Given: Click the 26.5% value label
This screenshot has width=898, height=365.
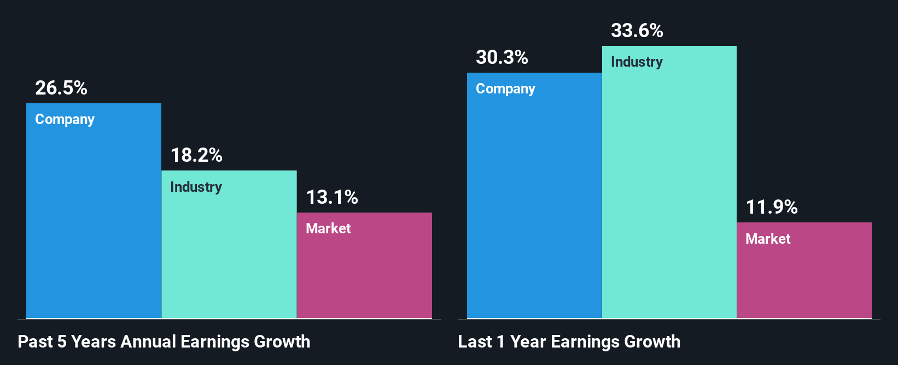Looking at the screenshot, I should point(61,88).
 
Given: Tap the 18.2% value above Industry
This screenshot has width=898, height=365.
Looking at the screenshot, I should point(196,155).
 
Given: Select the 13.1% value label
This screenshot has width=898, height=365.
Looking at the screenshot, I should point(332,197).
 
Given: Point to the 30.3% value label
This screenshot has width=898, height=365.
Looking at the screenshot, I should point(502,57).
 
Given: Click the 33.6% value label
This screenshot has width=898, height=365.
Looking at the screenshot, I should point(637,31).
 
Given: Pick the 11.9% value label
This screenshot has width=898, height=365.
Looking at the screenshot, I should point(772,207).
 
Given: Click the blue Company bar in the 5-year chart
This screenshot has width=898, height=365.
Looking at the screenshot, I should point(94,219).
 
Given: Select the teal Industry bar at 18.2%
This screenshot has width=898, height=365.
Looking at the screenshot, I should point(229,251).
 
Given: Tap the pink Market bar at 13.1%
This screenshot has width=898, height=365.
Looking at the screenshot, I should point(364,273).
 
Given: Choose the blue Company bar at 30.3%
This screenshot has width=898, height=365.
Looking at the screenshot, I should point(534,202).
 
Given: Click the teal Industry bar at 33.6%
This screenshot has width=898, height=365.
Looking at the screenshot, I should point(669,191).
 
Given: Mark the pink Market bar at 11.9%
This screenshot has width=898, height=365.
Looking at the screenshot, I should point(804,279).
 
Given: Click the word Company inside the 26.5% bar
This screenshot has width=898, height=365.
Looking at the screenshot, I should point(65,120).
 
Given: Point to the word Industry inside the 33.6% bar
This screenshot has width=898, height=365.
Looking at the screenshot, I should point(637,62).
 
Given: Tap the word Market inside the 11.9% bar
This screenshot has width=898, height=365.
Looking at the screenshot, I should point(768,239).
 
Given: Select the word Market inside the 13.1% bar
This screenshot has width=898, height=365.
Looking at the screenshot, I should point(328,228).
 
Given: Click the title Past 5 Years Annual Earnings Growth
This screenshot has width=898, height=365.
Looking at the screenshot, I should point(164,342).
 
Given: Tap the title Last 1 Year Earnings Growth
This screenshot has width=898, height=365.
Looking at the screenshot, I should point(569,342).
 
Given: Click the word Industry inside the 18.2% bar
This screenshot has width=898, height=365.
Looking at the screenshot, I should point(196,187).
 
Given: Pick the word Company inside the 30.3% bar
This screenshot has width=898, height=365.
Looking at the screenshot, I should point(505,89).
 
